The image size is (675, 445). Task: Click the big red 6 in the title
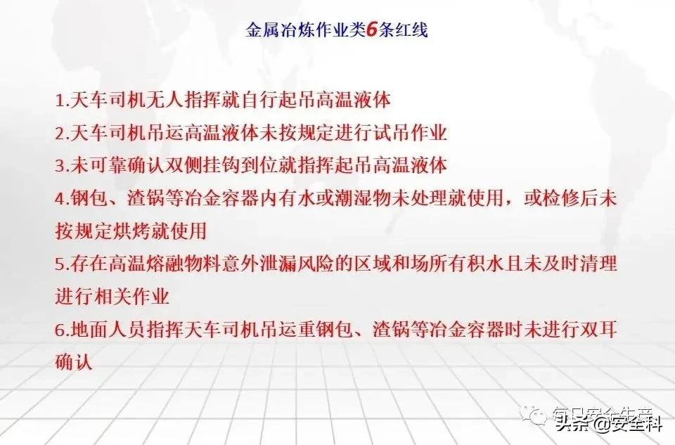[372, 30]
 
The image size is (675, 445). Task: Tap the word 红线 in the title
[413, 30]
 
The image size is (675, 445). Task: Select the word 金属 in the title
[262, 30]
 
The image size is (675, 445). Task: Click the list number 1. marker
[63, 101]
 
